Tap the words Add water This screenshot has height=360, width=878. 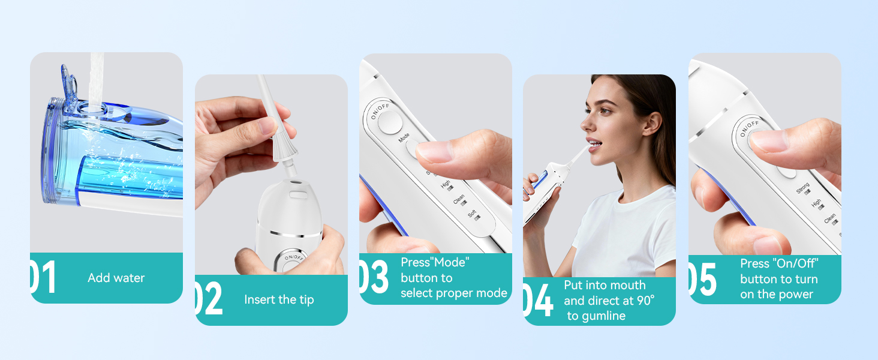[116, 278]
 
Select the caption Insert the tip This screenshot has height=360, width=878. [279, 299]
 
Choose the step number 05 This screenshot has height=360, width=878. [702, 279]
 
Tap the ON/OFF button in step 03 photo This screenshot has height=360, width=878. [390, 122]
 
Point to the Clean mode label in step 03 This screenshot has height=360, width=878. [459, 200]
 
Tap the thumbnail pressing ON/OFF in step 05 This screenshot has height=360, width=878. [769, 140]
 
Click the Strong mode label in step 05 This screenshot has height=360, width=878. [803, 189]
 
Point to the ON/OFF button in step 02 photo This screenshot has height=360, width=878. [294, 261]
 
